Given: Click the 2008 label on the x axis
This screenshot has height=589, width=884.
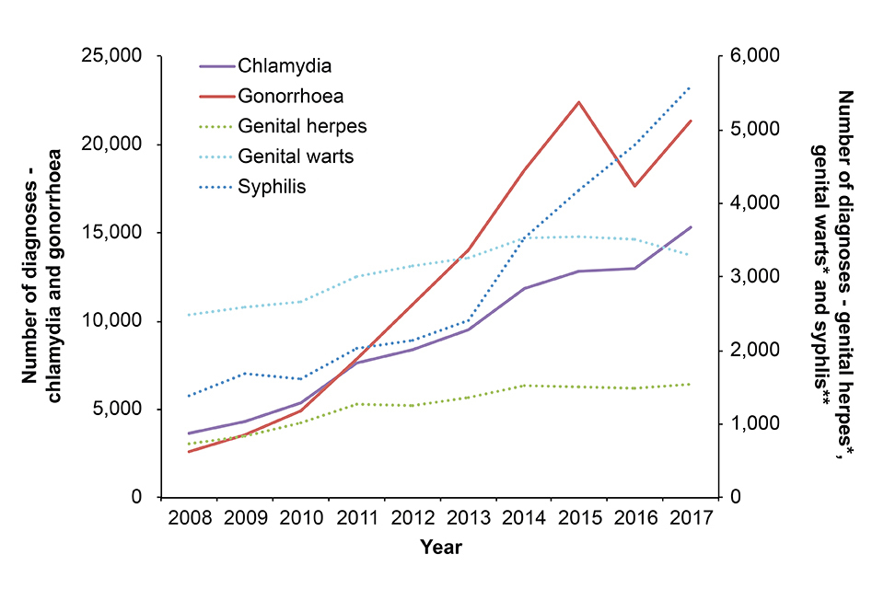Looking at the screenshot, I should pyautogui.click(x=190, y=517).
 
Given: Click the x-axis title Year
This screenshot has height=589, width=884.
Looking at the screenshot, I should pyautogui.click(x=441, y=548).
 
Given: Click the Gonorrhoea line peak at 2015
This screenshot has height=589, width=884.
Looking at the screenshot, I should pyautogui.click(x=579, y=102).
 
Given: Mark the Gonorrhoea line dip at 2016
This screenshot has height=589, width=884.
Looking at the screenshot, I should pyautogui.click(x=634, y=186).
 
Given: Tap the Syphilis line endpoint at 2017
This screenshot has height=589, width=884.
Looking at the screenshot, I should pyautogui.click(x=691, y=87).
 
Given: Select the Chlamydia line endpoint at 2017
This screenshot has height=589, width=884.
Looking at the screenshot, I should pyautogui.click(x=691, y=226).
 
